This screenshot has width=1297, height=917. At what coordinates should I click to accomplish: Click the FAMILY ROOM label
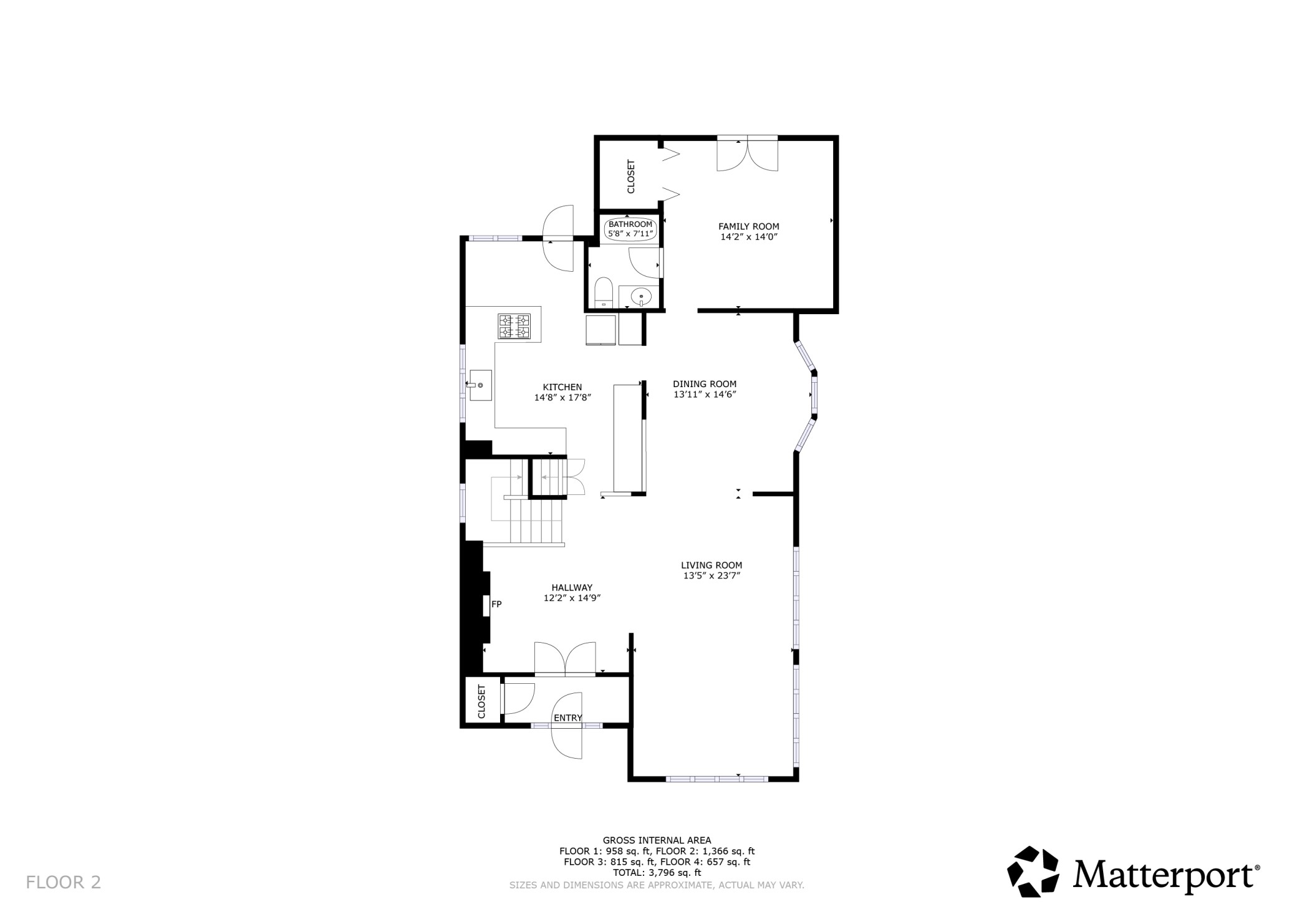coord(748,226)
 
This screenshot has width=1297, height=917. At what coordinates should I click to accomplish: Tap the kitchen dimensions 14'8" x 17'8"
coord(562,398)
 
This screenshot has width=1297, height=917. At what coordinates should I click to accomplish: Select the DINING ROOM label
coord(705,384)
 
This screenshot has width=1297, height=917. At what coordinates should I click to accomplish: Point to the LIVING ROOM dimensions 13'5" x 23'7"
coord(711,576)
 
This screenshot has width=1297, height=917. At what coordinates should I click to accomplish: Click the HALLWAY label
coord(572,587)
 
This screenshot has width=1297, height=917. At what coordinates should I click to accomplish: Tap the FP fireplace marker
coord(496,604)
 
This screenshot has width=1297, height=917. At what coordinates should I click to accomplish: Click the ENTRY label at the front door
coord(567,718)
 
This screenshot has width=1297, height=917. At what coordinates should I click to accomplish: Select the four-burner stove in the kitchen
coord(514,327)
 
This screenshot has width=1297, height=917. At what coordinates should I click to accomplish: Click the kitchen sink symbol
coord(480,385)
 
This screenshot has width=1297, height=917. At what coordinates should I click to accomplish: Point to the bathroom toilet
coord(603,293)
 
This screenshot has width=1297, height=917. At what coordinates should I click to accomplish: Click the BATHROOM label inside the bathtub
coord(630,224)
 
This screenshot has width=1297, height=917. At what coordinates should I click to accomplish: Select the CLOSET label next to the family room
coord(630,176)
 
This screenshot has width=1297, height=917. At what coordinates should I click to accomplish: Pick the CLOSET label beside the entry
coord(481,701)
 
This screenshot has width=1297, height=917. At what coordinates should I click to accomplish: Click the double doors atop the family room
coord(747,153)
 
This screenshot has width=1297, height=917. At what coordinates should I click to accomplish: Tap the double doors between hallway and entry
coord(565,659)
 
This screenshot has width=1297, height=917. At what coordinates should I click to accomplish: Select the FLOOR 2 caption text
coord(63,882)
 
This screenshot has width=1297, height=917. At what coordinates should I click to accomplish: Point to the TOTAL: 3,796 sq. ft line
coord(657,873)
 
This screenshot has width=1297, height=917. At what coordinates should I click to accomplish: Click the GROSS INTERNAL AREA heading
coord(657,840)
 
